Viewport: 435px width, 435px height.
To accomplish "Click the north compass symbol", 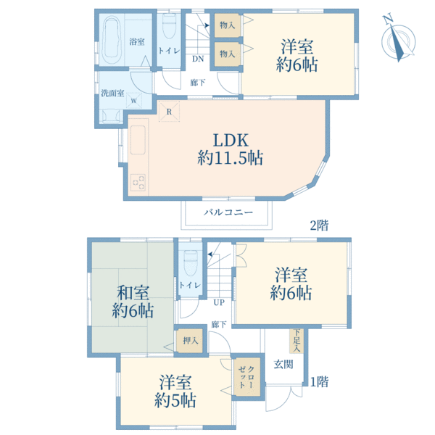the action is click(x=398, y=39).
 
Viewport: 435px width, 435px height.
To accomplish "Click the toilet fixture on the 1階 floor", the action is click(x=191, y=262).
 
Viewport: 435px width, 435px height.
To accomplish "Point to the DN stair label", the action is click(x=198, y=59).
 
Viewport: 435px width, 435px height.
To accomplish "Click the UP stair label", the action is click(x=219, y=302).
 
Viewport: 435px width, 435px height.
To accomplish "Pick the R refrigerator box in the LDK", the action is click(x=169, y=112).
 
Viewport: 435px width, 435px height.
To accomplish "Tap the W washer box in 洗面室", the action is click(x=134, y=100).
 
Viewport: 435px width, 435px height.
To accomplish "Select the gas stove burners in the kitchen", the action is click(x=138, y=182).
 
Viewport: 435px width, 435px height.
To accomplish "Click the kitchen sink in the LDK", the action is click(x=138, y=140).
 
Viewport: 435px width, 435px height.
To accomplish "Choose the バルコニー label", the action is click(x=228, y=212).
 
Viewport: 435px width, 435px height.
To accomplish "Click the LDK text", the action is click(x=231, y=140).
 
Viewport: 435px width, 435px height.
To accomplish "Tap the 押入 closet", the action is click(x=190, y=341).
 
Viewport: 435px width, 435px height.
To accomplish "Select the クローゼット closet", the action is click(x=246, y=377).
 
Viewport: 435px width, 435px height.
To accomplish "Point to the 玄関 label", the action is click(x=283, y=364).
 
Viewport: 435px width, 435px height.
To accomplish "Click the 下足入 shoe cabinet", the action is click(x=297, y=341).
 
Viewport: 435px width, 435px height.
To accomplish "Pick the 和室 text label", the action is click(x=133, y=293).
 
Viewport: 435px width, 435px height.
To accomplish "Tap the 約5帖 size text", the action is click(x=175, y=399).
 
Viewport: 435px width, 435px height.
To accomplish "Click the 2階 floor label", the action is click(x=319, y=225).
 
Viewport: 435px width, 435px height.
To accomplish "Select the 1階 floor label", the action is click(x=319, y=382).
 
